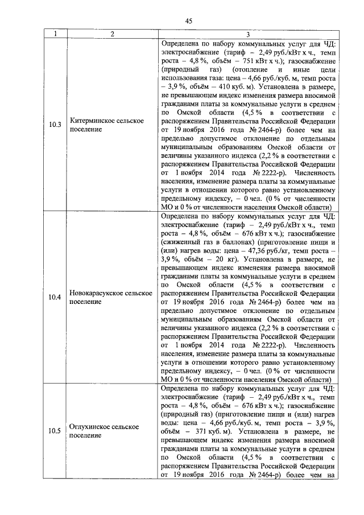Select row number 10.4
pos(55,297)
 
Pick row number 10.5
pos(55,430)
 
